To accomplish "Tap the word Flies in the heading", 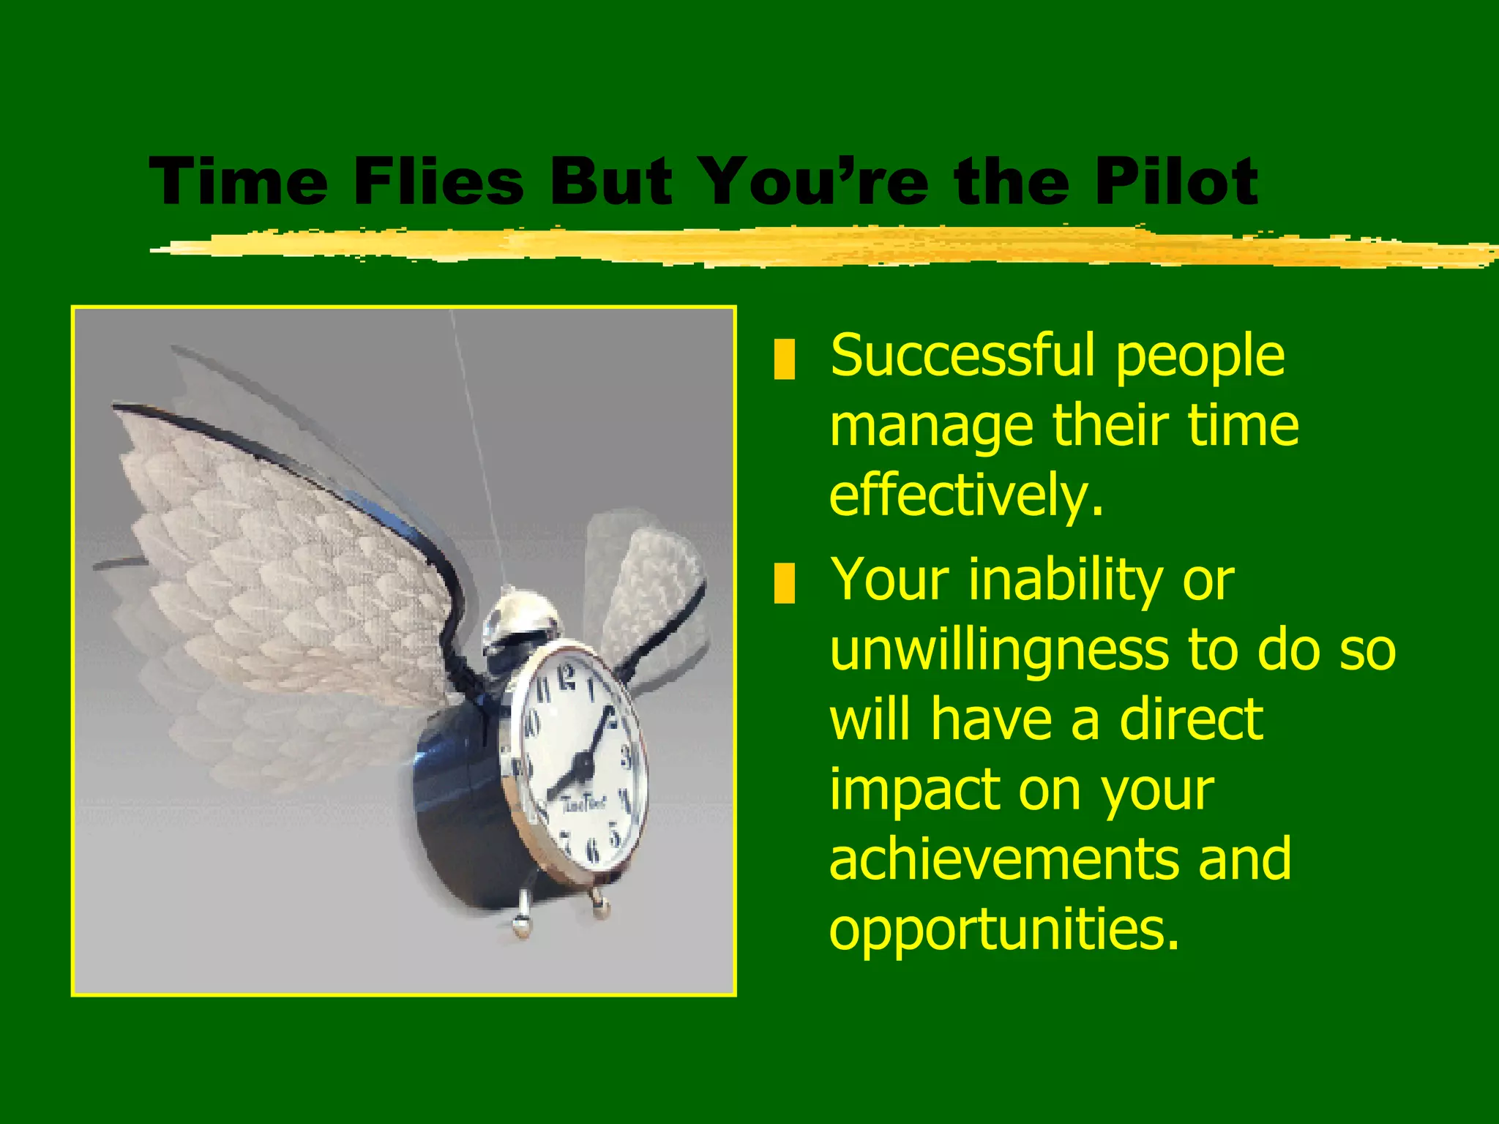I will pyautogui.click(x=438, y=181).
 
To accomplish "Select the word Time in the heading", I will pyautogui.click(x=239, y=181).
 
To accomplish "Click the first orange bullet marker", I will pyautogui.click(x=784, y=359).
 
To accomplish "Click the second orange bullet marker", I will pyautogui.click(x=784, y=582).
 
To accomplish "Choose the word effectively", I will pyautogui.click(x=965, y=495).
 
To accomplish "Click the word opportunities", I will pyautogui.click(x=1003, y=929).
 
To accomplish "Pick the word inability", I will pyautogui.click(x=1065, y=580).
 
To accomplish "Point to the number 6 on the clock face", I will pyautogui.click(x=593, y=850).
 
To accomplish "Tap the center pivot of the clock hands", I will pyautogui.click(x=583, y=765).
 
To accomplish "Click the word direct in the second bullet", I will pyautogui.click(x=1191, y=719).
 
